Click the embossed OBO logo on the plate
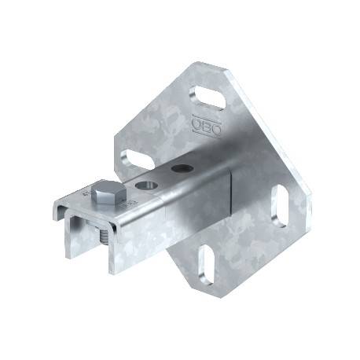click(x=202, y=123)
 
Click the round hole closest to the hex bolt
click(x=144, y=186)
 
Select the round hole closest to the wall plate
click(x=182, y=167)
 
